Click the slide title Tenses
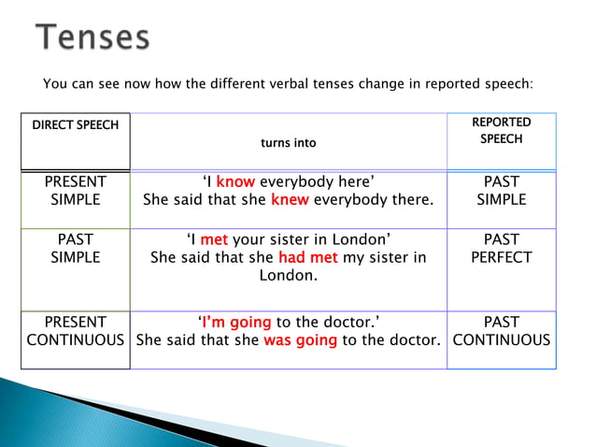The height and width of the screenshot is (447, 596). coord(93,37)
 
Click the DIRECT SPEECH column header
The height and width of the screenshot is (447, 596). coord(76,125)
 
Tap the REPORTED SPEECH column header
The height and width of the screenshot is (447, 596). coord(502,131)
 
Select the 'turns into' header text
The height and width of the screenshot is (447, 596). coord(289,143)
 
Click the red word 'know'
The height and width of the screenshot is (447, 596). coord(235,181)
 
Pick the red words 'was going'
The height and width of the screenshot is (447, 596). coord(300,340)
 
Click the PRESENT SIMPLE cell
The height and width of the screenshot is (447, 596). coord(76,190)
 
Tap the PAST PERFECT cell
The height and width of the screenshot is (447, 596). coord(502,248)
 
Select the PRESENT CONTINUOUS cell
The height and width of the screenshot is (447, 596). coord(76,331)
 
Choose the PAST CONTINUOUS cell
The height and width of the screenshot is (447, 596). coord(502,331)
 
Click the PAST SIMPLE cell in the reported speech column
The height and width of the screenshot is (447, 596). coord(502,190)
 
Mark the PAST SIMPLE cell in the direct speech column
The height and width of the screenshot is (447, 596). coord(76,248)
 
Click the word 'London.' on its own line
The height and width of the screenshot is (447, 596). coord(289,276)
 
